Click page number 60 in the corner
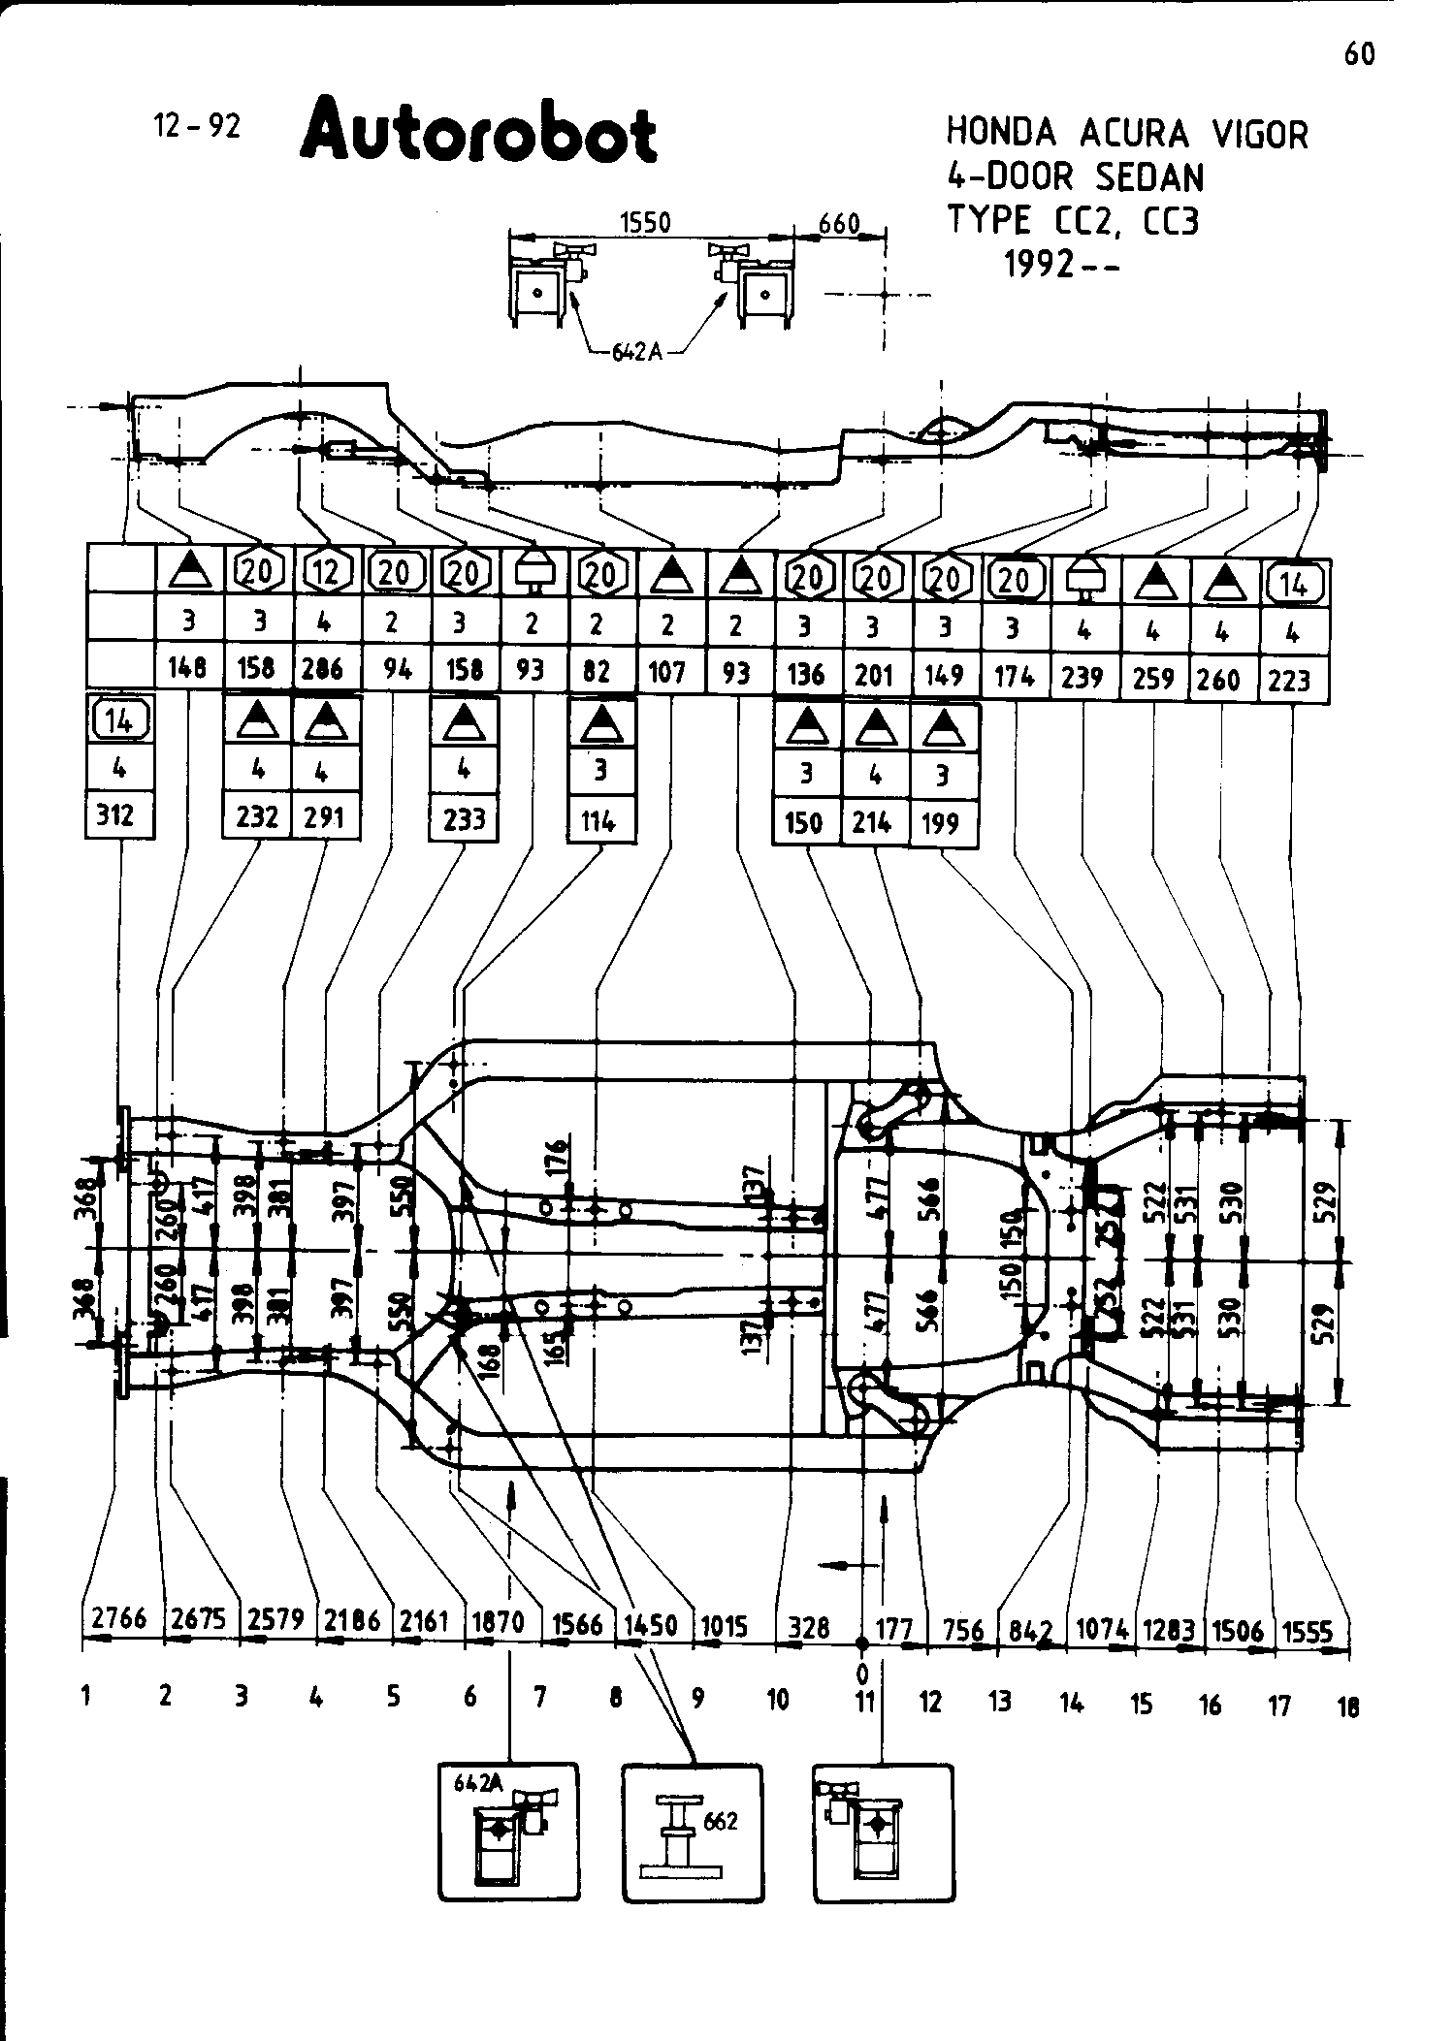point(1359,55)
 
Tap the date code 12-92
point(197,126)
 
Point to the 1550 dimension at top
point(645,223)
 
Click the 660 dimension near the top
point(839,225)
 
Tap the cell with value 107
point(667,672)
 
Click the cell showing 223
point(1289,681)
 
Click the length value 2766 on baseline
point(119,1619)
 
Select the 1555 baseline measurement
point(1307,1632)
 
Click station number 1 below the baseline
point(86,1695)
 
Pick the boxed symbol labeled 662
point(692,1832)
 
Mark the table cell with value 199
point(940,823)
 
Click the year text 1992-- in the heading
point(1063,264)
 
